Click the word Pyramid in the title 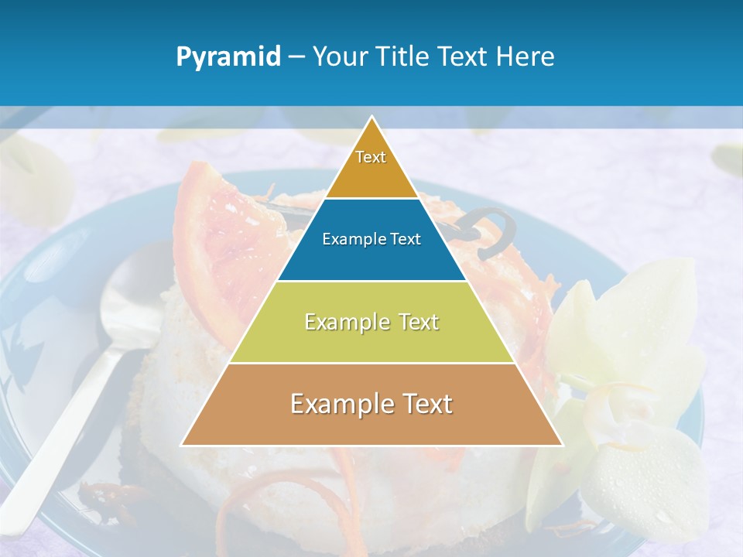pos(228,56)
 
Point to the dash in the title pos(296,57)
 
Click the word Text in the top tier pos(371,157)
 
